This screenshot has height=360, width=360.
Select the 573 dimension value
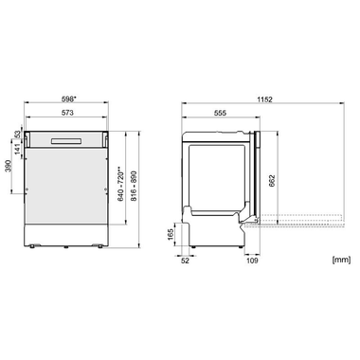click(x=69, y=112)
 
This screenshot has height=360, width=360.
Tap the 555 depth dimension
click(x=220, y=112)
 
